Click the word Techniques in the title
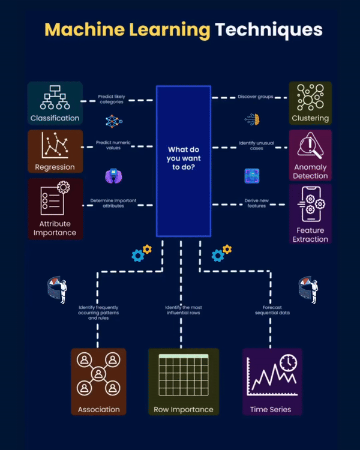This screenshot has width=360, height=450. (x=268, y=30)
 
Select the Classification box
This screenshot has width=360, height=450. (x=55, y=103)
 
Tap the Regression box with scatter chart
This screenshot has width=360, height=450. (x=55, y=151)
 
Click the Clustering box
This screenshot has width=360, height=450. (x=310, y=103)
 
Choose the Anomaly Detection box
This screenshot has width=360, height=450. (x=310, y=155)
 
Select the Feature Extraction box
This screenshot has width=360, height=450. (x=310, y=214)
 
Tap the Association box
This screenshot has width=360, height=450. (x=98, y=382)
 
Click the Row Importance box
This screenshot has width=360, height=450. (x=183, y=382)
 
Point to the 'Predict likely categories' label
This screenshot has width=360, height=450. (x=111, y=99)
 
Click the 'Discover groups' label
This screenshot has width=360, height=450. (x=256, y=97)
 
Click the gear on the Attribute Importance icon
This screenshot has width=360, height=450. (x=62, y=188)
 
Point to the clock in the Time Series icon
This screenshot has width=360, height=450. (x=288, y=362)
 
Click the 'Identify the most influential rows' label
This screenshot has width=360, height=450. (x=183, y=311)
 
